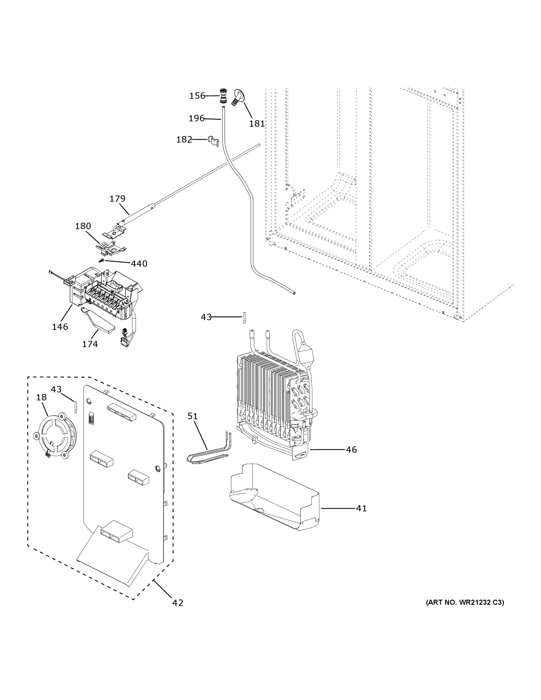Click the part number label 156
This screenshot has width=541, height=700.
[x=197, y=96]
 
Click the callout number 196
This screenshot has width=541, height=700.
[x=196, y=119]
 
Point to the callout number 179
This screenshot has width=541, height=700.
[x=117, y=199]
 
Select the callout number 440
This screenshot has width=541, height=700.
[x=139, y=264]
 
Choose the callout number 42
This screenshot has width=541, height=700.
[x=178, y=603]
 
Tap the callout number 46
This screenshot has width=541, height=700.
[x=351, y=450]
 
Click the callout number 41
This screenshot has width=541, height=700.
[x=361, y=508]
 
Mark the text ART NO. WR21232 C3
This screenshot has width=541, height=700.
[x=465, y=603]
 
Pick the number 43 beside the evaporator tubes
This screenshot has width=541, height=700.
[x=206, y=317]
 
